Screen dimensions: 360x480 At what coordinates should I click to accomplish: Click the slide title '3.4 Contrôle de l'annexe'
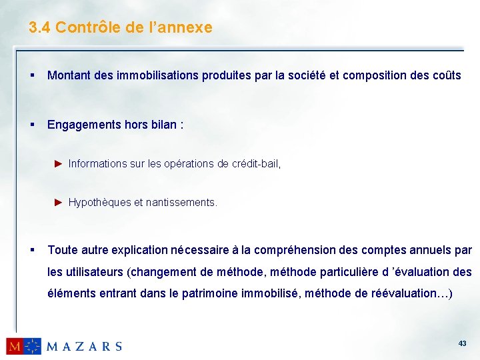point(121,27)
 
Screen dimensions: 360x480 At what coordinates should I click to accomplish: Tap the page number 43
point(462,343)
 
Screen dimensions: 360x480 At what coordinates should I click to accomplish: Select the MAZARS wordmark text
point(84,346)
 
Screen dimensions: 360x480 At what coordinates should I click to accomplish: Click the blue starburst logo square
point(33,346)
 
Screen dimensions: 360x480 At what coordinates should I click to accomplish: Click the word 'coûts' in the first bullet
point(447,75)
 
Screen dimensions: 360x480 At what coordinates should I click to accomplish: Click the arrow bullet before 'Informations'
point(58,163)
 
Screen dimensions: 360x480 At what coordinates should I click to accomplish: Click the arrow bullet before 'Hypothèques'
point(58,202)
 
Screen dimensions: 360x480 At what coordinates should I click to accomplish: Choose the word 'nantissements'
point(181,202)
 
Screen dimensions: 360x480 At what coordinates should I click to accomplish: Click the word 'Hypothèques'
point(99,202)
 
